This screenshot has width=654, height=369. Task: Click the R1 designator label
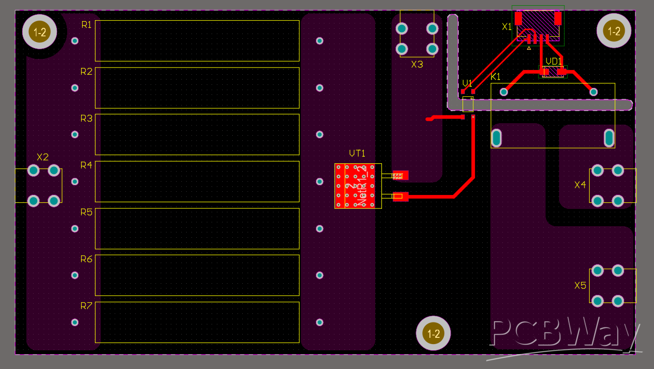[x=86, y=25]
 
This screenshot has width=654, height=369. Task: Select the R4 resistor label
[x=86, y=165]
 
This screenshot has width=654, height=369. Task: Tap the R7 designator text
[x=86, y=306]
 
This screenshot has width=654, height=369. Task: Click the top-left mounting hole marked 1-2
[x=39, y=32]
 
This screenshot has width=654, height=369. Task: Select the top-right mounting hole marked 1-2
[x=614, y=32]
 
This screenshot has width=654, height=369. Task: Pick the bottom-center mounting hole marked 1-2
[x=433, y=334]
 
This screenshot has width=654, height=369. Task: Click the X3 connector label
[x=417, y=64]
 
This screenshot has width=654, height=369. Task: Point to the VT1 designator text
[x=357, y=153]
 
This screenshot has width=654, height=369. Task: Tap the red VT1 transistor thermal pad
[x=357, y=186]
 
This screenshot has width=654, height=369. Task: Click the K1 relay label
[x=496, y=77]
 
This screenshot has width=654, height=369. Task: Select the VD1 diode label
[x=554, y=61]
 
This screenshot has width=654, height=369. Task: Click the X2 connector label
[x=43, y=157]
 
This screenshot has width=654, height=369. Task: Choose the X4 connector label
[x=580, y=184]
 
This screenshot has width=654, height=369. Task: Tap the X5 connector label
[x=580, y=286]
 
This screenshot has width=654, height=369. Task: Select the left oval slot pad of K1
[x=496, y=138]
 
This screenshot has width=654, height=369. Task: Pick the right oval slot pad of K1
[x=608, y=138]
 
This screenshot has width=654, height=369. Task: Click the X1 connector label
[x=507, y=27]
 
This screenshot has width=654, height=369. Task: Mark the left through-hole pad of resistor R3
[x=75, y=135]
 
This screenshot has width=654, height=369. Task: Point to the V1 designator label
[x=467, y=83]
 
